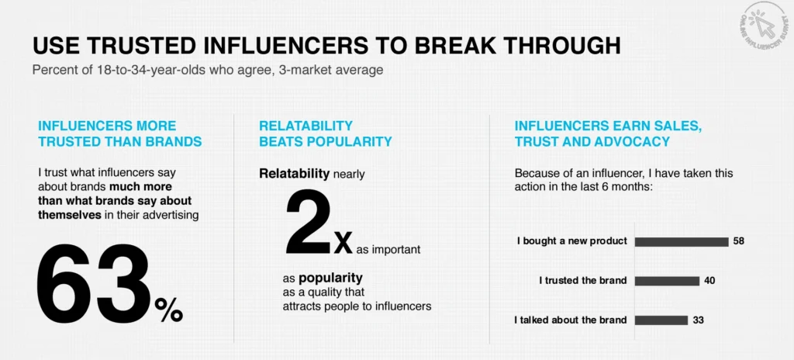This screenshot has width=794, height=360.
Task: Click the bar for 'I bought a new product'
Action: pyautogui.click(x=682, y=241)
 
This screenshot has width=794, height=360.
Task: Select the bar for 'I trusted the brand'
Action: pyautogui.click(x=667, y=280)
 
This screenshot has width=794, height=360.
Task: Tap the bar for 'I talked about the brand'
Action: pyautogui.click(x=661, y=320)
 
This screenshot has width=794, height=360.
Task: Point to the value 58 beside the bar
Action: pyautogui.click(x=738, y=241)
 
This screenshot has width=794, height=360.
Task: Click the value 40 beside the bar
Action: pyautogui.click(x=709, y=280)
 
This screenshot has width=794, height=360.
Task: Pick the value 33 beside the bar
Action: pyautogui.click(x=699, y=320)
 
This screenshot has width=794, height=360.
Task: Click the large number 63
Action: pyautogui.click(x=93, y=285)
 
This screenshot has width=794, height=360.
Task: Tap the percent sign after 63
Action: pyautogui.click(x=168, y=310)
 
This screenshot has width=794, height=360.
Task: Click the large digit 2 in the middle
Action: pyautogui.click(x=309, y=223)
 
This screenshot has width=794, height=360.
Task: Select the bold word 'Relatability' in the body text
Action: pyautogui.click(x=294, y=174)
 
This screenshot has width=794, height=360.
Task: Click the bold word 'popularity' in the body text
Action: pyautogui.click(x=330, y=278)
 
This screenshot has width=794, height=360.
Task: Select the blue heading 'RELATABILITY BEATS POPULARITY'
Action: pyautogui.click(x=326, y=133)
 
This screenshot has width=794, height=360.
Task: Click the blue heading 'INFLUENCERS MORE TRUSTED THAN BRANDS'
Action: pyautogui.click(x=120, y=133)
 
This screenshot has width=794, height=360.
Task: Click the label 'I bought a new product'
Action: pyautogui.click(x=572, y=241)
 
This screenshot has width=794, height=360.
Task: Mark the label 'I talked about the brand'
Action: pyautogui.click(x=571, y=320)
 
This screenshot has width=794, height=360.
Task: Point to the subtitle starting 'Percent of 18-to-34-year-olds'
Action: pyautogui.click(x=208, y=70)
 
